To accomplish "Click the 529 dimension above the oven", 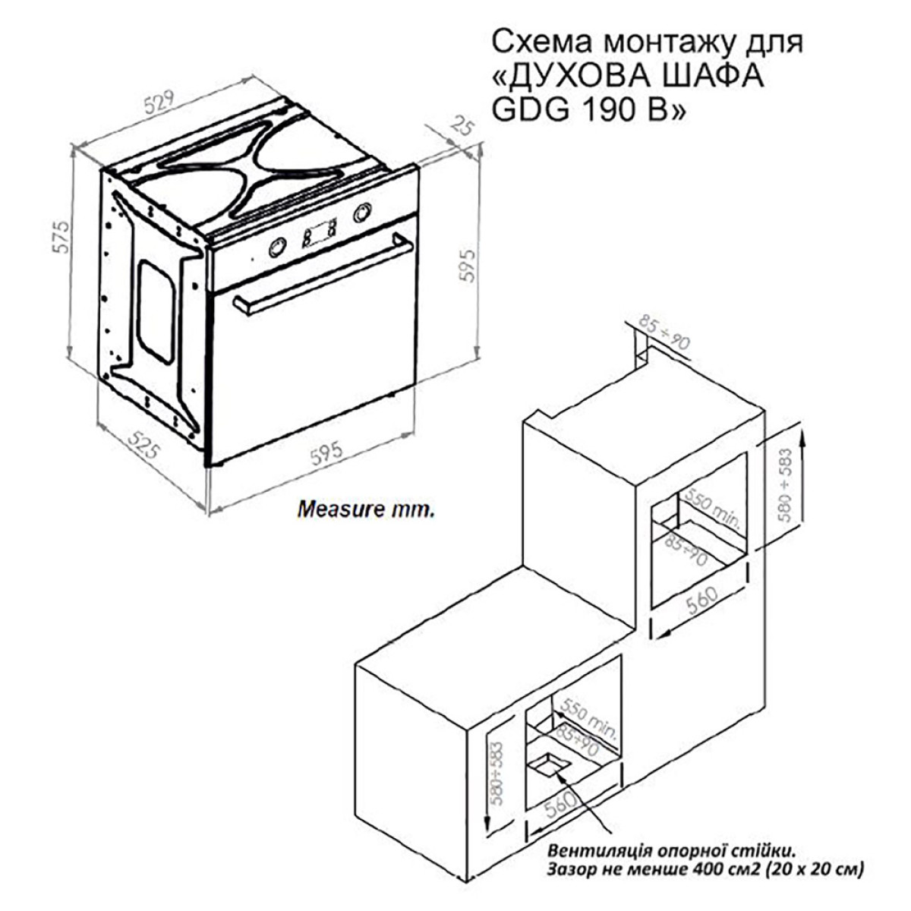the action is (x=159, y=101).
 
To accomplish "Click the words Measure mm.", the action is (x=365, y=510).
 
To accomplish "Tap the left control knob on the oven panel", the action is (x=278, y=247).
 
